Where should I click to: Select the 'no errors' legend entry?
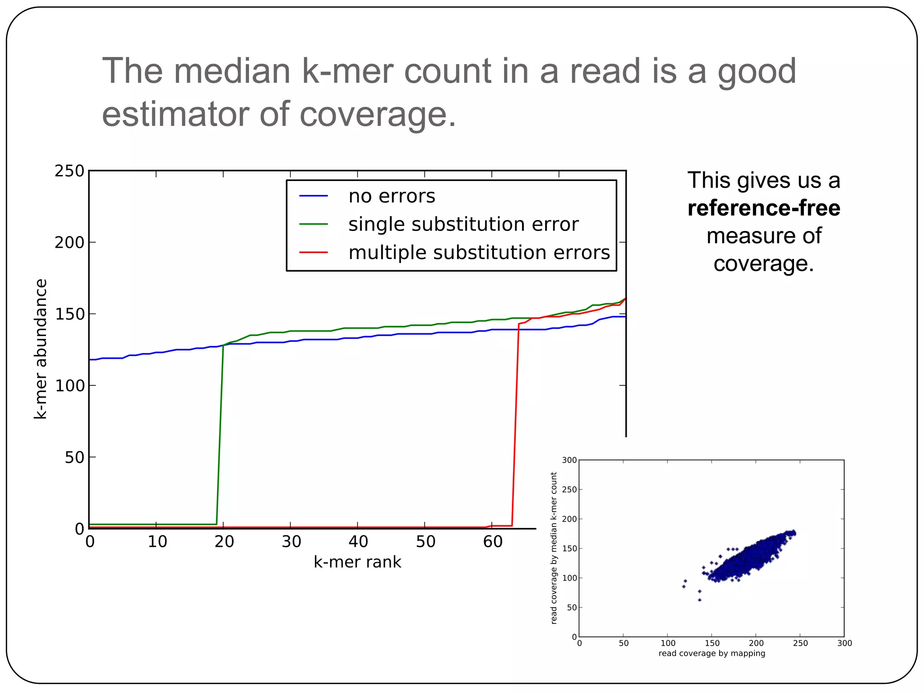click(392, 196)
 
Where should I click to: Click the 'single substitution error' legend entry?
click(463, 224)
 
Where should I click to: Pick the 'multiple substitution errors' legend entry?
click(479, 253)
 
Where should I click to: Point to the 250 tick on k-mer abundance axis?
click(69, 171)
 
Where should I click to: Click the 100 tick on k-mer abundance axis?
click(69, 386)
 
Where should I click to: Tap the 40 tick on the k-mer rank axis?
click(358, 541)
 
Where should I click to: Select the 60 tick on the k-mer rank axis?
click(493, 541)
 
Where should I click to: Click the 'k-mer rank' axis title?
click(357, 562)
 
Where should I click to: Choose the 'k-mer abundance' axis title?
click(41, 349)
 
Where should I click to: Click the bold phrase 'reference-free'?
click(764, 208)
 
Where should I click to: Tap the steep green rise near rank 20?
click(220, 433)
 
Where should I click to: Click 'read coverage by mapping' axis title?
click(711, 653)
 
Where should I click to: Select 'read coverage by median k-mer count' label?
click(554, 548)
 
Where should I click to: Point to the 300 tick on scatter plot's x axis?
click(844, 643)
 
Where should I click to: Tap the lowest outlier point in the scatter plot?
click(699, 600)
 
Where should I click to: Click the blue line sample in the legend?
click(314, 196)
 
